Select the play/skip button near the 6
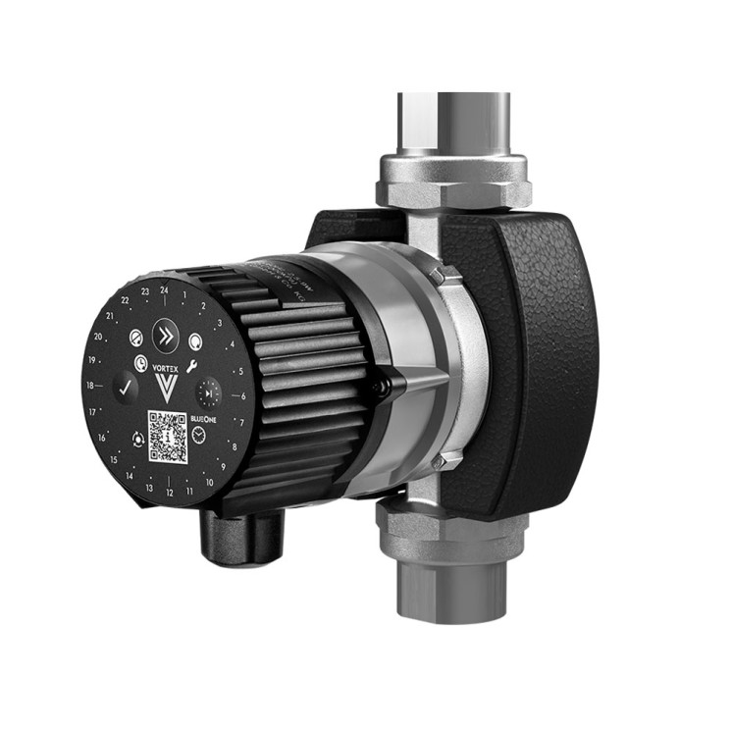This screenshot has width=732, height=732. [x=207, y=394]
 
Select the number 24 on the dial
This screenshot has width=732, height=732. [x=164, y=290]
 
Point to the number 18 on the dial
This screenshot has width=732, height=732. [x=91, y=386]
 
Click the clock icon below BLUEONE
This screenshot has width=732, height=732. [x=199, y=436]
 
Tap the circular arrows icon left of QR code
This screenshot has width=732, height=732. [x=136, y=439]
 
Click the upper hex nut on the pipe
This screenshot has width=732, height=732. [x=453, y=183]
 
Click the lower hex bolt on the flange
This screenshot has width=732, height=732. [x=441, y=461]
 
